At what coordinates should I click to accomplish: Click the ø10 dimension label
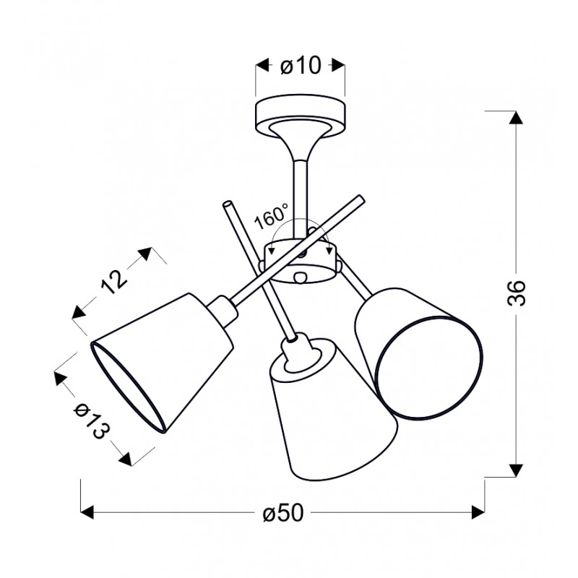(300, 66)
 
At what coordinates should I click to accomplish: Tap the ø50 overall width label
(283, 512)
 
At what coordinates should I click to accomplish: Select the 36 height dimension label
(516, 293)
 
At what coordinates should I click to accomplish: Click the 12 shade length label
(114, 282)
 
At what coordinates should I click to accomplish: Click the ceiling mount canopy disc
(301, 116)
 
